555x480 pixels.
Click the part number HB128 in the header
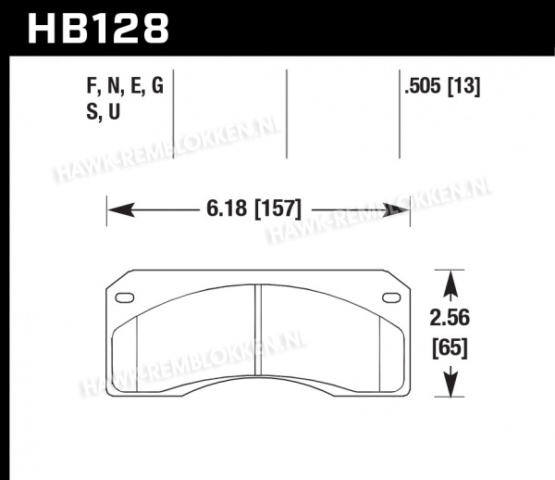click(x=98, y=28)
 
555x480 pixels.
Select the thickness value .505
click(x=424, y=86)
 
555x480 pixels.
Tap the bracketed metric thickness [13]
click(x=464, y=86)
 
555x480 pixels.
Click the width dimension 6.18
click(x=227, y=208)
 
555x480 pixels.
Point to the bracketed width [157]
click(x=278, y=208)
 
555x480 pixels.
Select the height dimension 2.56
click(x=450, y=317)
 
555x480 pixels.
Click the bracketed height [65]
click(x=450, y=347)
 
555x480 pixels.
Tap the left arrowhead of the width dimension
click(x=121, y=209)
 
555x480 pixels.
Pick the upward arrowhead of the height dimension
click(x=450, y=284)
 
